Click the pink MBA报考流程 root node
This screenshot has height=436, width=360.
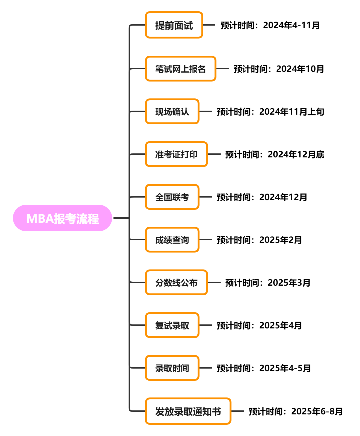click(62, 218)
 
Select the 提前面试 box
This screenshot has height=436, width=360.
click(174, 25)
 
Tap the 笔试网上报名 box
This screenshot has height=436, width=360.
click(181, 69)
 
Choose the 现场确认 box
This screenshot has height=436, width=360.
click(172, 112)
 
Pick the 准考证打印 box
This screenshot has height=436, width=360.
click(176, 154)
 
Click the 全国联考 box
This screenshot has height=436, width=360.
click(172, 197)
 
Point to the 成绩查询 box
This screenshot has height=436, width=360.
click(172, 240)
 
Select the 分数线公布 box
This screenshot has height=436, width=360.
click(176, 283)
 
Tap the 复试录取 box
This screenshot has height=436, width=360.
click(172, 325)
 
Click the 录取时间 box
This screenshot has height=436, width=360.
click(172, 368)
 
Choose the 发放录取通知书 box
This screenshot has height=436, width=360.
click(188, 411)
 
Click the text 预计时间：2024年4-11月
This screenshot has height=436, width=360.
click(270, 25)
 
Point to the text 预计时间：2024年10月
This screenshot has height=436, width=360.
click(279, 69)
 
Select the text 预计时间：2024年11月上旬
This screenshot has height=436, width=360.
click(270, 112)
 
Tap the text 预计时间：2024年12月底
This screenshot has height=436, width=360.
click(275, 154)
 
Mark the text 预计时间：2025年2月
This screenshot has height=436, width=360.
click(259, 240)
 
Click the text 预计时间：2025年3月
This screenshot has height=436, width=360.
click(268, 283)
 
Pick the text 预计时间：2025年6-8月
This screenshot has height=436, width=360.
click(296, 411)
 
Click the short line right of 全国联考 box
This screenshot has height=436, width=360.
click(206, 197)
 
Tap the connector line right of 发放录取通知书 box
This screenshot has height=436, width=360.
click(238, 411)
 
